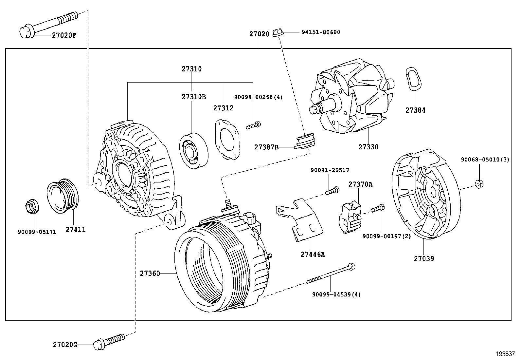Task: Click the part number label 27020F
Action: (x=64, y=35)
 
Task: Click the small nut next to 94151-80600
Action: (x=277, y=32)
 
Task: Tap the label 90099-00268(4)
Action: (x=258, y=97)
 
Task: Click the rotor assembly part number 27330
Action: (x=368, y=147)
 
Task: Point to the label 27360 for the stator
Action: (x=150, y=273)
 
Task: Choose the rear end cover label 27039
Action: (x=424, y=258)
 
